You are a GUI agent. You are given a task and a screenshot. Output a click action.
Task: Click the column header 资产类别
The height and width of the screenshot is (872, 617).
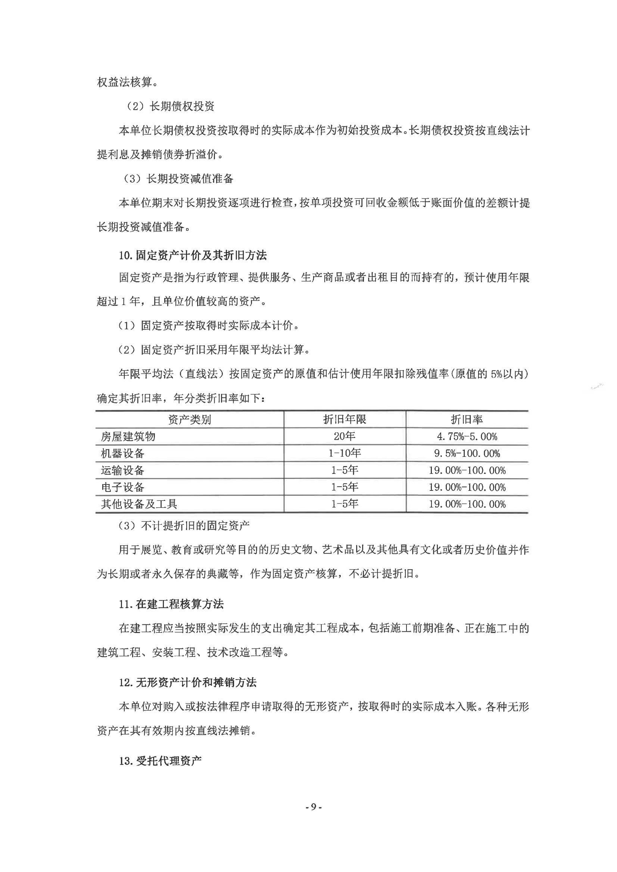189,420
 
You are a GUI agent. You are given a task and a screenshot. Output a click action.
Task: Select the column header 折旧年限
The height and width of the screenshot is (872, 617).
345,419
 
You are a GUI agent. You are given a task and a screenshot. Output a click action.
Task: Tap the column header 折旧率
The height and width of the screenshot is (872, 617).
467,419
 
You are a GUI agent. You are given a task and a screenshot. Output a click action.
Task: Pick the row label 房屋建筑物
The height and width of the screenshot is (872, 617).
128,437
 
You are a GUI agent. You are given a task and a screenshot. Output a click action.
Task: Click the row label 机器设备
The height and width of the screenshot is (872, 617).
122,454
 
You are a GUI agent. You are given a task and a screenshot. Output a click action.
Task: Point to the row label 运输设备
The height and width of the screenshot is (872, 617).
122,471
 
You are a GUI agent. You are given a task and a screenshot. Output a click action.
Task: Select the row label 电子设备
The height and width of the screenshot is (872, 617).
122,487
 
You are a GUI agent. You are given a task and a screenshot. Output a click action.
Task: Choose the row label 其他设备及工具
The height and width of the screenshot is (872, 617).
139,504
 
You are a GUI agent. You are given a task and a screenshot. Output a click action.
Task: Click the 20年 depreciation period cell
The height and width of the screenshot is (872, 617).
345,436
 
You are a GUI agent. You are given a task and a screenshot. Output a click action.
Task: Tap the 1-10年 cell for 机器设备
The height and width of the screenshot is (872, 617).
345,453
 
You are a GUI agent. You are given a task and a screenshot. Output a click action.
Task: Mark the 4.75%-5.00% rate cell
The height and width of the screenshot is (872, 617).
467,437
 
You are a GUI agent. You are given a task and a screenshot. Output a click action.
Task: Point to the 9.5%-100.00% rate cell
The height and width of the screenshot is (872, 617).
467,454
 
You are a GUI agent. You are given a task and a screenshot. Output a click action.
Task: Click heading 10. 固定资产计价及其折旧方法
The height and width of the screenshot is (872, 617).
193,255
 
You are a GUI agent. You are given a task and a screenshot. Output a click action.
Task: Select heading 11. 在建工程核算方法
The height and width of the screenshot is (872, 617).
171,604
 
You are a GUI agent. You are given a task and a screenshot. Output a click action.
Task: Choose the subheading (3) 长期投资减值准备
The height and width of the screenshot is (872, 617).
178,179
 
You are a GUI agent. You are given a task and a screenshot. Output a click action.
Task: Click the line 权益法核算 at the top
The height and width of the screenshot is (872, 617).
125,82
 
